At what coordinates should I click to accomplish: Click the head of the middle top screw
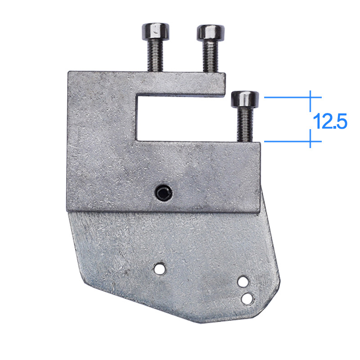pyautogui.click(x=210, y=32)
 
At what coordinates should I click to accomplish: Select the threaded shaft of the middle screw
pyautogui.click(x=210, y=56)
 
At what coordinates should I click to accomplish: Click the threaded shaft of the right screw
pyautogui.click(x=245, y=124)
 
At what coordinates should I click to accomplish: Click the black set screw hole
pyautogui.click(x=162, y=193)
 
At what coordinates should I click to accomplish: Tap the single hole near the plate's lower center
pyautogui.click(x=158, y=269)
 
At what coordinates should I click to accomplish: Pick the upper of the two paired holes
pyautogui.click(x=243, y=282)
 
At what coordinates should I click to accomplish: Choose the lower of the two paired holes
pyautogui.click(x=247, y=298)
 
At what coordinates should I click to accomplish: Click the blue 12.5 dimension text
pyautogui.click(x=330, y=122)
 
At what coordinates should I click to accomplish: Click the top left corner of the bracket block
pyautogui.click(x=69, y=72)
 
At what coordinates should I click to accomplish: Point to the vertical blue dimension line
pyautogui.click(x=310, y=119)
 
